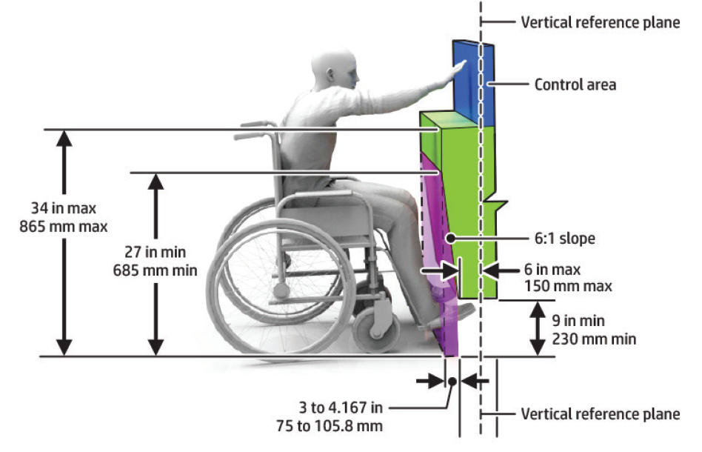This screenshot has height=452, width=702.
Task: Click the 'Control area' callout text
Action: tap(575, 84)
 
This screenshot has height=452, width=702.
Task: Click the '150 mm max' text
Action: tap(568, 285)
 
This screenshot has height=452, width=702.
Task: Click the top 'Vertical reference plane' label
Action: tap(600, 22)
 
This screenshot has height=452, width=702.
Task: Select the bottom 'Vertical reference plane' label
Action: tap(600, 413)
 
